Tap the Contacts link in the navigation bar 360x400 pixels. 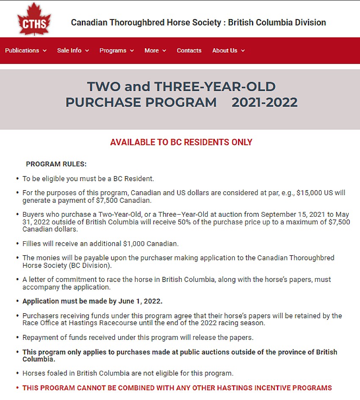189,50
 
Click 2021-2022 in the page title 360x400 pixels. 264,102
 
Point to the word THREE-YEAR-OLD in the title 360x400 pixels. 215,87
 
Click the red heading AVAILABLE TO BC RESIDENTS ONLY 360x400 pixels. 181,142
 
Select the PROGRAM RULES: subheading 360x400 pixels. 56,164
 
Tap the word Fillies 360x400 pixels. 32,244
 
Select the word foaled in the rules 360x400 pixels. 56,373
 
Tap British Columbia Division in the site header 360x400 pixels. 277,22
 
